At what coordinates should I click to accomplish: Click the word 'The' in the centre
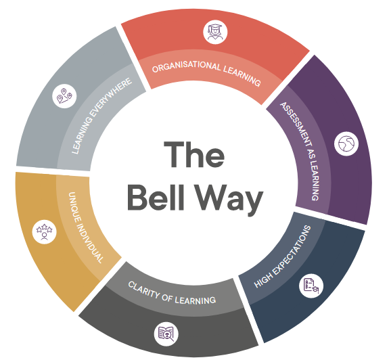(x=194, y=154)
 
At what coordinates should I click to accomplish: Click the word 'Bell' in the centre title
(x=156, y=198)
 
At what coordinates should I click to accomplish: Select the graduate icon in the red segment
(x=215, y=32)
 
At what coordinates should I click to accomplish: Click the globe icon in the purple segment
(x=346, y=144)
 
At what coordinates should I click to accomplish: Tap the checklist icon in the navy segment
(x=311, y=286)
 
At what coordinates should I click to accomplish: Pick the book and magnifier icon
(x=166, y=334)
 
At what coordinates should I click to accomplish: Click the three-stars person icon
(x=45, y=232)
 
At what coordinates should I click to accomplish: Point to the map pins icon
(x=64, y=96)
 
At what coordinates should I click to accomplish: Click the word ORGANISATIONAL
(x=186, y=66)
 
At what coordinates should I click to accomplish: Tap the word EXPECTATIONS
(x=292, y=248)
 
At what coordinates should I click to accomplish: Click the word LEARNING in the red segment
(x=242, y=76)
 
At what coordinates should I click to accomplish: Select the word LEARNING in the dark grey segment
(x=196, y=300)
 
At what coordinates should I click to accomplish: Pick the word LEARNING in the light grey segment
(x=81, y=136)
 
